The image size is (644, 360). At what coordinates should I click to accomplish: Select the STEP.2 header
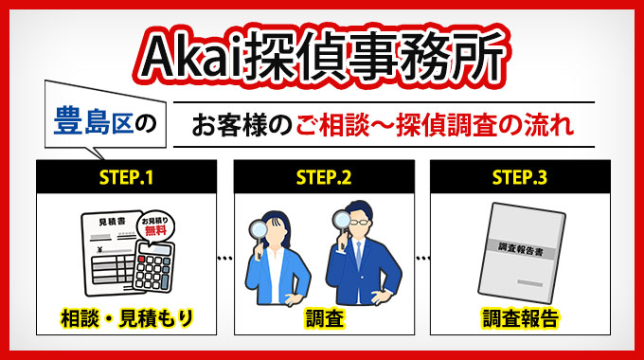click(x=323, y=177)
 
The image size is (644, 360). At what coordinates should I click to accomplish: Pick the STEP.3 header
click(x=520, y=177)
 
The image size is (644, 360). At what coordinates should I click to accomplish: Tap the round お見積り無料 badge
click(x=157, y=227)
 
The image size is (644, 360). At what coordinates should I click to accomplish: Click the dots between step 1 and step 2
click(x=225, y=257)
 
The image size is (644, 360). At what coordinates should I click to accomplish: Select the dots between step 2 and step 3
click(x=421, y=257)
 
